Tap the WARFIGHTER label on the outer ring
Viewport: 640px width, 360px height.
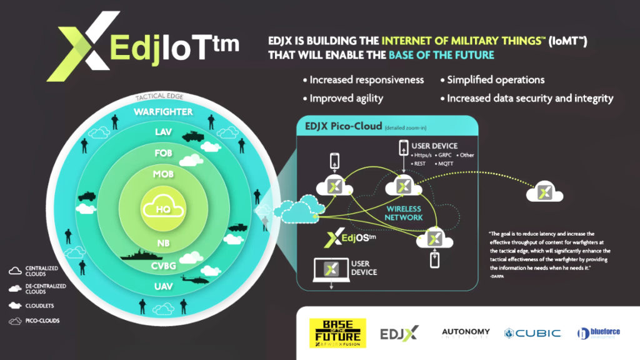tap(163, 112)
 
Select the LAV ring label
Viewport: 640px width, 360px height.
tap(162, 132)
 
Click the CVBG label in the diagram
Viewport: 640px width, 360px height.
tap(162, 265)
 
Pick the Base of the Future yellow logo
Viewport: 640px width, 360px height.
tap(337, 332)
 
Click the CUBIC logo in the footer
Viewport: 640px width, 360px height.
tap(532, 332)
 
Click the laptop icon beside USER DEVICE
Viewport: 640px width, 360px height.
tap(329, 270)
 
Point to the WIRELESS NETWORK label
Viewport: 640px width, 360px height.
tap(404, 213)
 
